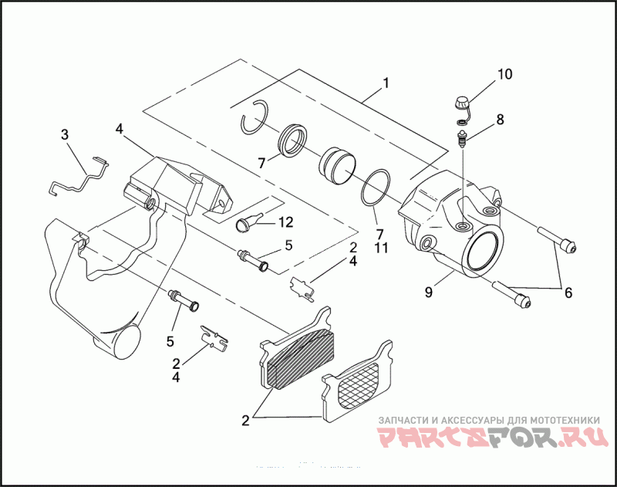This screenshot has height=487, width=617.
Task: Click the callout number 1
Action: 386,83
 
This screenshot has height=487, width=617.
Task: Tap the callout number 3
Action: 65,135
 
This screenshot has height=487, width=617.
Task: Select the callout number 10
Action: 504,75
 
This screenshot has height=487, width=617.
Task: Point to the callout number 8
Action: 500,120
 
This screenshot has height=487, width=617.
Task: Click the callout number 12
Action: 285,222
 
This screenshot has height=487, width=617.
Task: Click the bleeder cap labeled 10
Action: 460,101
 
